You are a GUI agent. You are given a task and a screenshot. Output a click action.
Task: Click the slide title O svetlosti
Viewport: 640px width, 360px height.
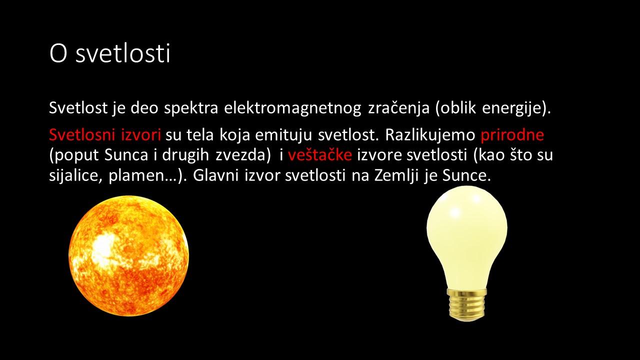coord(110,53)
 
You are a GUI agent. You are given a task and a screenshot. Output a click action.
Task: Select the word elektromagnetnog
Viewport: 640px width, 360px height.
coord(292,108)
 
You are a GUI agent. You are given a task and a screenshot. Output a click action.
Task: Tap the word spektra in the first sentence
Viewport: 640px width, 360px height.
coord(191,108)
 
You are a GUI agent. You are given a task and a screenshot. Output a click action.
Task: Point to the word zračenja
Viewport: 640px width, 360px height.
coord(399,108)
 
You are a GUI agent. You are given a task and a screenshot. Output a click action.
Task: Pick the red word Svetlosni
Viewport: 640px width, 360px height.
coord(82,134)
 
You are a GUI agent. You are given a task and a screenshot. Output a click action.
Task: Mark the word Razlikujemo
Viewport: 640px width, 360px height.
coord(430,134)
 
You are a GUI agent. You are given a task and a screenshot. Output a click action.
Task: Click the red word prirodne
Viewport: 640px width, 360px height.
coord(512,135)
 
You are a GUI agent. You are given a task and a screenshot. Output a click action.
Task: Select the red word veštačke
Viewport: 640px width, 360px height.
coord(319,155)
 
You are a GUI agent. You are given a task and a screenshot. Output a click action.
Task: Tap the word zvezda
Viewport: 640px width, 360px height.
coord(240,155)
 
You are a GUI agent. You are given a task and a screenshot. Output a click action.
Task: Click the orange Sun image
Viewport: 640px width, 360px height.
coord(128,256)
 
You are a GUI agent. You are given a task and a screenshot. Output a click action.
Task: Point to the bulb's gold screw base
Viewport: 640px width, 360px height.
coord(467,305)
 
